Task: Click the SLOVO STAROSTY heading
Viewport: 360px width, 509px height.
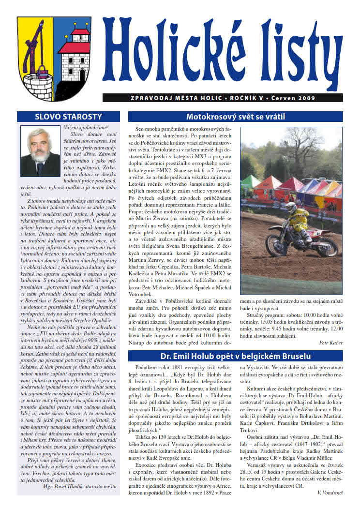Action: [69, 117]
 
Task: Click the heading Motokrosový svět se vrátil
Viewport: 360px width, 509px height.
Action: [235, 117]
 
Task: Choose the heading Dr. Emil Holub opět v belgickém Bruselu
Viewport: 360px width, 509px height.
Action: [235, 357]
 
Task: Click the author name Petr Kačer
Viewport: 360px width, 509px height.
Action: [331, 343]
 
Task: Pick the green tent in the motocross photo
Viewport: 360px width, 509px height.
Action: [250, 183]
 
